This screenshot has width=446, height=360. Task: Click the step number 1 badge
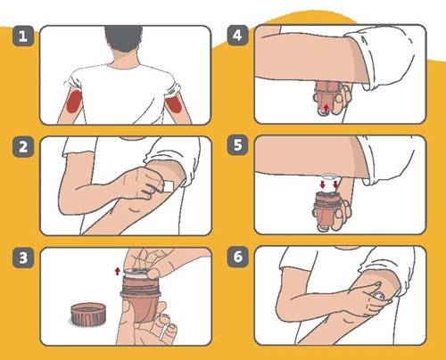23,36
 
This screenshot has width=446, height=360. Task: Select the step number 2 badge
23,147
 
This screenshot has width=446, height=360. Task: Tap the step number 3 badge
23,258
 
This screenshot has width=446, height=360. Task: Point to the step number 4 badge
237,36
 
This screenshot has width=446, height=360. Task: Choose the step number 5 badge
237,145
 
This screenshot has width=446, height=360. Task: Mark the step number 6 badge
237,257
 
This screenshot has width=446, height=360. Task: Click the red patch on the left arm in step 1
74,102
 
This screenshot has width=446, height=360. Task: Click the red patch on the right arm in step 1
174,104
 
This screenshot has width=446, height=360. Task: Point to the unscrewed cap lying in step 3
87,315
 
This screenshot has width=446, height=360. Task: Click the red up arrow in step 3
118,271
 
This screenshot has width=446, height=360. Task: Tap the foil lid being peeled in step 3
136,273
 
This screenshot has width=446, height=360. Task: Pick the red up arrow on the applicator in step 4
326,109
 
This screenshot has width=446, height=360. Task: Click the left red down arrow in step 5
323,184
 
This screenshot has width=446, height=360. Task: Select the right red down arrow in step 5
336,184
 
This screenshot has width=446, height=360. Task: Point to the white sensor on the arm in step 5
329,176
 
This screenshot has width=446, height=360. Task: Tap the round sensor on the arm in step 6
379,296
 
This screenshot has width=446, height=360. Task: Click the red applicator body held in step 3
140,300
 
